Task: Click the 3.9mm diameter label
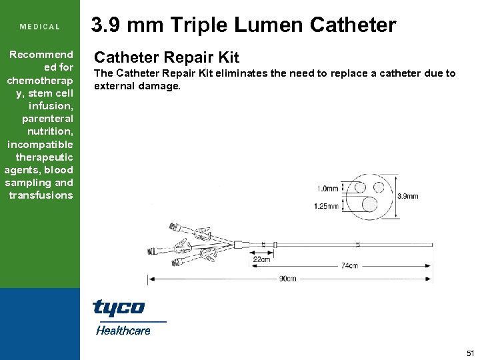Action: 408,197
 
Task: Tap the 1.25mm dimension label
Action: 326,206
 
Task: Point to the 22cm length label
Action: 261,259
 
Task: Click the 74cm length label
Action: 349,265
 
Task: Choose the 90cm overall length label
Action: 287,279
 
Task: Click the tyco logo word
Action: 118,307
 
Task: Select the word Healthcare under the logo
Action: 123,330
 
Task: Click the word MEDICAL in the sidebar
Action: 40,27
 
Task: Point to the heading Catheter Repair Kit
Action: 166,58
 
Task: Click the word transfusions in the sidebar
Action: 41,195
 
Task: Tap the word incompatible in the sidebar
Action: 40,145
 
